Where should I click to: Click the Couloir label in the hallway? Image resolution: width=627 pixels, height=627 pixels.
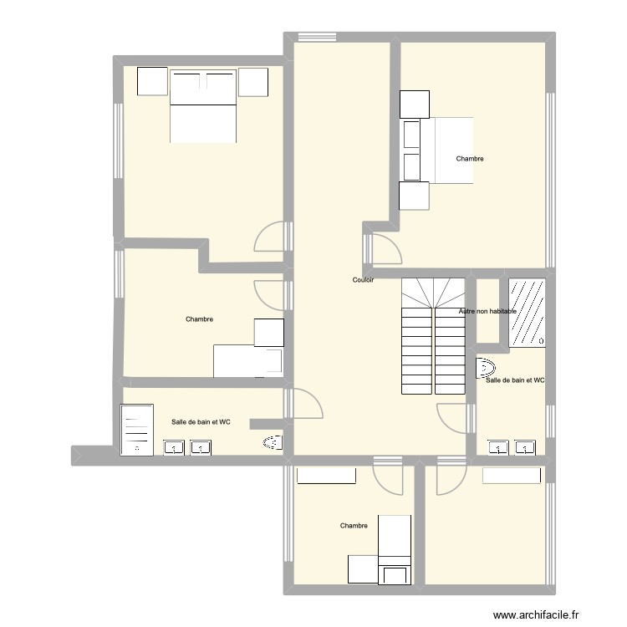coord(363,280)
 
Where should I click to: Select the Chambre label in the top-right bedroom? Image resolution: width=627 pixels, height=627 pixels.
coord(469,159)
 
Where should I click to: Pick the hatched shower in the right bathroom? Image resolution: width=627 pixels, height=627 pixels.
coord(528,312)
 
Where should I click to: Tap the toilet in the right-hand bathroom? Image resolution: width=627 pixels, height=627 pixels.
coord(486,366)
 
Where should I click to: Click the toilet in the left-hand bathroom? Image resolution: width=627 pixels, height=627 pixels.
coord(273,443)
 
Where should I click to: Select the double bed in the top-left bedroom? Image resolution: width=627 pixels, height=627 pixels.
coord(204,106)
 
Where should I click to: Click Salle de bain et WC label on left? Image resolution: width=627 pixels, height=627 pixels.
coord(201,422)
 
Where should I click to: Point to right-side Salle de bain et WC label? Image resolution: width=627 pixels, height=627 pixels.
coord(515,380)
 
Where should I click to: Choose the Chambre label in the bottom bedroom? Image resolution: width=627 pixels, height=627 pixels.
coord(354,526)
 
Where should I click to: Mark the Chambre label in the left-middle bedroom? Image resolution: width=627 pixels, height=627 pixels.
coord(199,319)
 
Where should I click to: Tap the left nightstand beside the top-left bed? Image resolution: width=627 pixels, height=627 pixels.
coord(153,81)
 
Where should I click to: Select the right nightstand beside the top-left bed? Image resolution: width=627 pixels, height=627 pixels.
coord(252,81)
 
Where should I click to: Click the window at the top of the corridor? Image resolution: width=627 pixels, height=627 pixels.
coord(316,36)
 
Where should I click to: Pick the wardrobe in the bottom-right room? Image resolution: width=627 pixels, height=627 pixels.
coord(512,474)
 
